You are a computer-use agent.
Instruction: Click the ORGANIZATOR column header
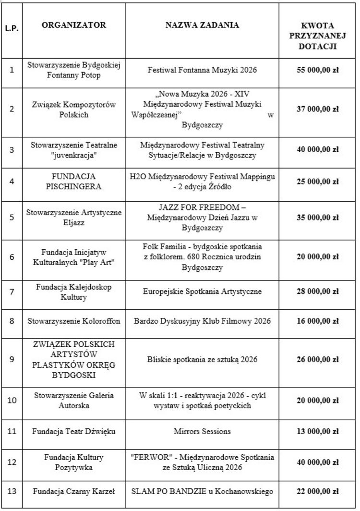(74, 25)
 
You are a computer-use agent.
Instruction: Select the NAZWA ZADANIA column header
(202, 25)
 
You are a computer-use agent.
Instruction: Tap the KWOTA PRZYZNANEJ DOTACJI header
(317, 36)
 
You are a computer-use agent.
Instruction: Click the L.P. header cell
(12, 28)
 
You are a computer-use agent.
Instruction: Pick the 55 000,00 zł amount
(317, 70)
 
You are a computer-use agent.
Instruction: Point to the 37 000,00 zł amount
(317, 109)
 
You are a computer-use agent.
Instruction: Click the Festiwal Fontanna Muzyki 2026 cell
(202, 70)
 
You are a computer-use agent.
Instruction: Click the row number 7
(12, 292)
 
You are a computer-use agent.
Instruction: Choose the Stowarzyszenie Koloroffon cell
(74, 321)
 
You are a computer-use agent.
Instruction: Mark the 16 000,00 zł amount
(317, 321)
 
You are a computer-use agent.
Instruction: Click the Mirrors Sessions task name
(202, 431)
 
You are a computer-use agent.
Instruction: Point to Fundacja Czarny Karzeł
(74, 491)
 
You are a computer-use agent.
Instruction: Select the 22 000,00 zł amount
(317, 491)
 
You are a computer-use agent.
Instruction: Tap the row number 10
(12, 400)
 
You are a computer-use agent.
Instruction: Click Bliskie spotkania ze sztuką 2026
(202, 360)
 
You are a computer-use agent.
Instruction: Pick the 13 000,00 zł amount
(317, 431)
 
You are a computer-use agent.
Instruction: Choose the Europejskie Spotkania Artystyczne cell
(202, 292)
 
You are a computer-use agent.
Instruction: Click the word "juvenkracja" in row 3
(74, 155)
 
